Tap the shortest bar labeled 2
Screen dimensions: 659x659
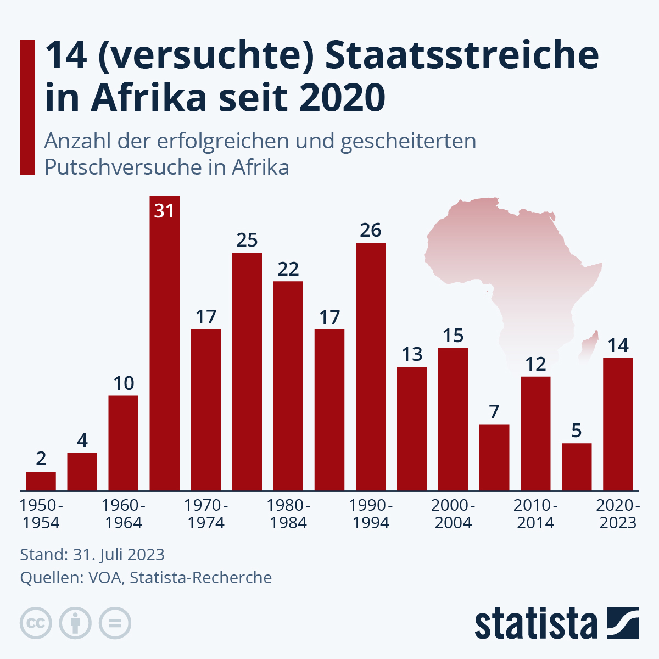(41, 481)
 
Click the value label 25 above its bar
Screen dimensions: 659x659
(247, 240)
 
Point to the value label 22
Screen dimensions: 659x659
(288, 269)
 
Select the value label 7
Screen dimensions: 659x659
(494, 412)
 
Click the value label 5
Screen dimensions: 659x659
(576, 431)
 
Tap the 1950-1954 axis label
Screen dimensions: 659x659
(41, 514)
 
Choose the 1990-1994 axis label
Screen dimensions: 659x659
(371, 514)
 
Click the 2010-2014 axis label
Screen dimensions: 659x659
(535, 514)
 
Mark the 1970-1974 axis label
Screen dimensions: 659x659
(206, 514)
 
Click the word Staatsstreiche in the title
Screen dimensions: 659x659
(461, 56)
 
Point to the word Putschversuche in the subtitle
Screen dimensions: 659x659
(135, 167)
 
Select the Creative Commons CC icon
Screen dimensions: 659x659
(36, 623)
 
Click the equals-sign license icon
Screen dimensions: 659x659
(115, 623)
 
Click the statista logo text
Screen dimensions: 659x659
(535, 623)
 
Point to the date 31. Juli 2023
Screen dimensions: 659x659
(118, 555)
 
